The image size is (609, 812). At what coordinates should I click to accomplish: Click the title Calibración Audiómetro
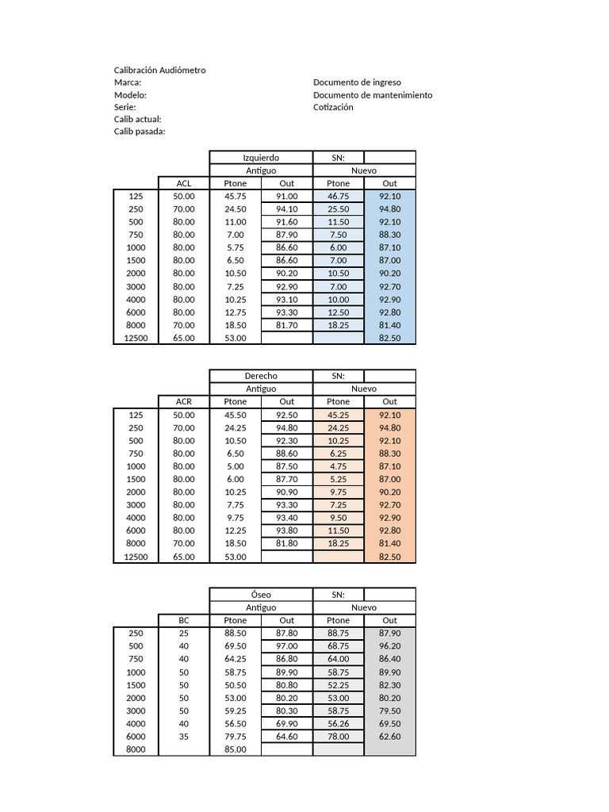click(159, 70)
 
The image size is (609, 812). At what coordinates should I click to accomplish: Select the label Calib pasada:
click(140, 132)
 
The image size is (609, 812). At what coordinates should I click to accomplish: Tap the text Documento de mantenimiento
click(373, 95)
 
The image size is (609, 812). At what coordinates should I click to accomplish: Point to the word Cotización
click(333, 107)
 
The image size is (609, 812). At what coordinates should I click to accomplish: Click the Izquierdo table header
click(261, 158)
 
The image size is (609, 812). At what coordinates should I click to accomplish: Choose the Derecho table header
click(261, 376)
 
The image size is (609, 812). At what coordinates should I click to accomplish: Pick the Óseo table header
click(261, 595)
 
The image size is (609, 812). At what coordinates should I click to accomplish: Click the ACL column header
click(184, 183)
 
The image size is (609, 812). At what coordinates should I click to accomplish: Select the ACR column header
click(184, 402)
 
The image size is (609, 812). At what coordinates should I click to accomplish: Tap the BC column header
click(184, 620)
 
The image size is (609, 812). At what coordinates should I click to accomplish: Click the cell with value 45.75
click(236, 196)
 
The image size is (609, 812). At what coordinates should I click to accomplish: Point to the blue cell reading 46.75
click(338, 196)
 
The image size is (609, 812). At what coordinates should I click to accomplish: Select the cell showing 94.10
click(287, 209)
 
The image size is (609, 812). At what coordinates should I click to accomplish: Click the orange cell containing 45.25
click(338, 415)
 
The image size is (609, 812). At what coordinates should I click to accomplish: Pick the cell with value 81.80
click(287, 543)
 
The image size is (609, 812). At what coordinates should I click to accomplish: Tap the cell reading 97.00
click(287, 646)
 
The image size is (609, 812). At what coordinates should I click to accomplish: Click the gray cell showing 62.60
click(389, 736)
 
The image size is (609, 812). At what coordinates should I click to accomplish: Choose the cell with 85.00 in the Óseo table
click(236, 749)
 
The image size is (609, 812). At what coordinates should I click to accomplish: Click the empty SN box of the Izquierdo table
click(389, 158)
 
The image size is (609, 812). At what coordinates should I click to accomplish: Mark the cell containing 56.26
click(338, 723)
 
